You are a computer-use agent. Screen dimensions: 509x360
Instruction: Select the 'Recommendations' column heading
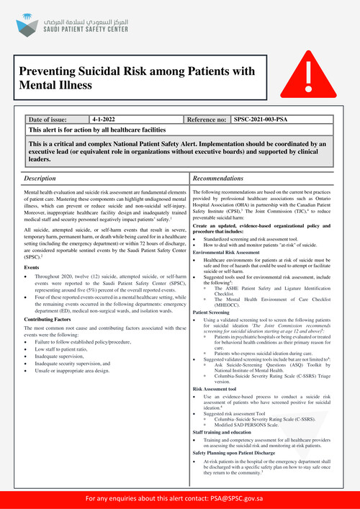click(x=223, y=177)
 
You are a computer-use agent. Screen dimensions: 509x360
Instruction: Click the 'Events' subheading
click(x=33, y=266)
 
